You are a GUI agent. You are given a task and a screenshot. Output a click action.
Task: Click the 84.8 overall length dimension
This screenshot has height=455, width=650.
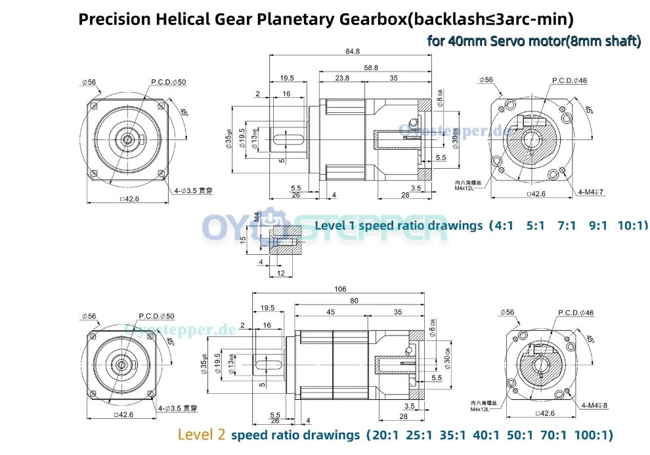[x=351, y=52]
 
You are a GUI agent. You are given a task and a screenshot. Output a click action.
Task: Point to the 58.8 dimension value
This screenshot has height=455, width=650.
[x=372, y=67]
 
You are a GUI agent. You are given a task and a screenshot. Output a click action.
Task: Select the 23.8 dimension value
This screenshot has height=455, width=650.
[x=341, y=77]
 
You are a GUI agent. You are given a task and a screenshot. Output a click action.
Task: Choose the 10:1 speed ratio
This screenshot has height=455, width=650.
[x=632, y=225]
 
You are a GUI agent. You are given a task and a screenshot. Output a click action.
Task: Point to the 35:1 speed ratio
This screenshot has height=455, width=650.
[x=446, y=435]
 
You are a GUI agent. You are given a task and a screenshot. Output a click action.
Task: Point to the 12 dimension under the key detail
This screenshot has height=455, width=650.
[x=280, y=272]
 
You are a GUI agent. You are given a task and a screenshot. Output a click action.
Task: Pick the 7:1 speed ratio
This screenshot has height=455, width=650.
[x=566, y=225]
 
